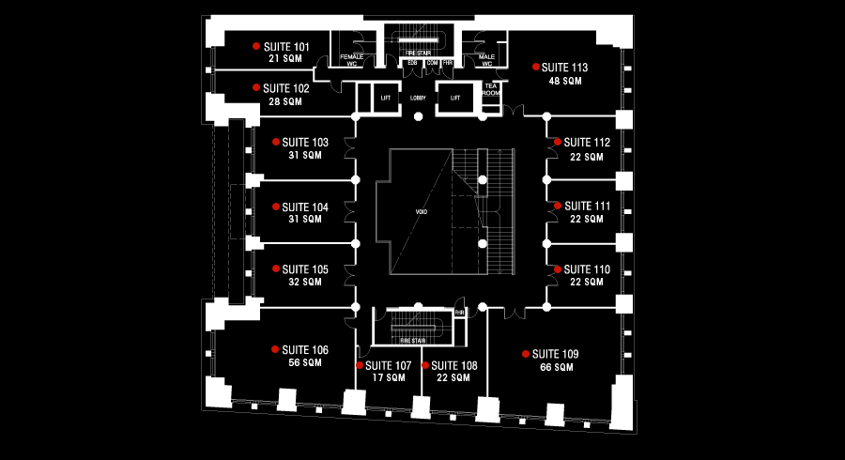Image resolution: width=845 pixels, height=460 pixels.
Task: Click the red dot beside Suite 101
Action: pos(255,45)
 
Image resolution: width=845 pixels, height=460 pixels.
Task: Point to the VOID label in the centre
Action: pos(422,212)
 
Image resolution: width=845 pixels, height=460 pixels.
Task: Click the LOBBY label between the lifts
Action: pos(419,98)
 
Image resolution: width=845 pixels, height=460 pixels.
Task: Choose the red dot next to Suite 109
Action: pos(525,354)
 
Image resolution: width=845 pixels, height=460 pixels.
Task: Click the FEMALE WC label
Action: pos(352,60)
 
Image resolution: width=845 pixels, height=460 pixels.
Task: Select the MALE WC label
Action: pos(486,60)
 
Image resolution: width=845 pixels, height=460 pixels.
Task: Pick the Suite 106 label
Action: pos(305,349)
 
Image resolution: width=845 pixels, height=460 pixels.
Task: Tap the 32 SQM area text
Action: pos(305,282)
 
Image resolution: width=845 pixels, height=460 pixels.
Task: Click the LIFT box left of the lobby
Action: pos(385,98)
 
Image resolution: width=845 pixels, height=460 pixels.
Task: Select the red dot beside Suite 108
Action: pos(424,365)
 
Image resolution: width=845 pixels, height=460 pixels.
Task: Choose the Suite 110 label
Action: pos(589,269)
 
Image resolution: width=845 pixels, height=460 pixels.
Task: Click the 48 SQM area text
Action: pos(565,81)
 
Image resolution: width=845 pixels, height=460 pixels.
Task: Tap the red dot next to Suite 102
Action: pos(255,87)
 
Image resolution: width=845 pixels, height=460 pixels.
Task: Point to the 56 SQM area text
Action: pos(306,362)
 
